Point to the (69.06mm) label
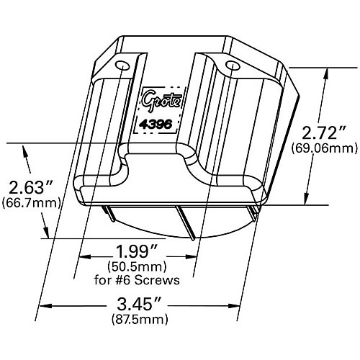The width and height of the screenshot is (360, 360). (325, 148)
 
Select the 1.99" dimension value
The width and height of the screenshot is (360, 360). (137, 252)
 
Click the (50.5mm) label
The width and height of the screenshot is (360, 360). (137, 266)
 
